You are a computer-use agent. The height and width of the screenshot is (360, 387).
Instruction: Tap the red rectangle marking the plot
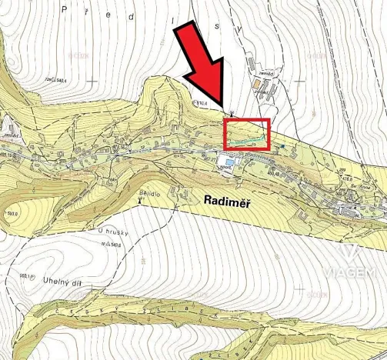(246, 134)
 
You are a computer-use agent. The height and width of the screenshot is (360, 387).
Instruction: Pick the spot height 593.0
(12, 214)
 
